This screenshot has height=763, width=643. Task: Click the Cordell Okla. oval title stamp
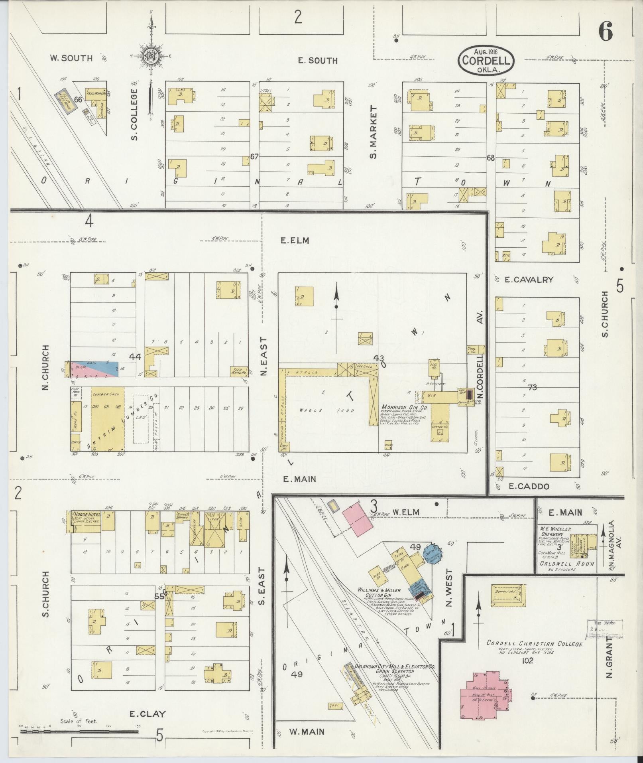pyautogui.click(x=486, y=60)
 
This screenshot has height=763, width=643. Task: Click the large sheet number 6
pyautogui.click(x=605, y=32)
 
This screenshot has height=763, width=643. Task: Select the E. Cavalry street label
pyautogui.click(x=529, y=280)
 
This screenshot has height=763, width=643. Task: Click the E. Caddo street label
pyautogui.click(x=529, y=486)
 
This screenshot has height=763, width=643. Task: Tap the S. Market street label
pyautogui.click(x=374, y=132)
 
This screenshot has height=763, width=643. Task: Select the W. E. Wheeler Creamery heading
pyautogui.click(x=556, y=532)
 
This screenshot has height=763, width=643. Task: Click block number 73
pyautogui.click(x=532, y=387)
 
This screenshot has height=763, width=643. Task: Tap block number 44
pyautogui.click(x=136, y=357)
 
